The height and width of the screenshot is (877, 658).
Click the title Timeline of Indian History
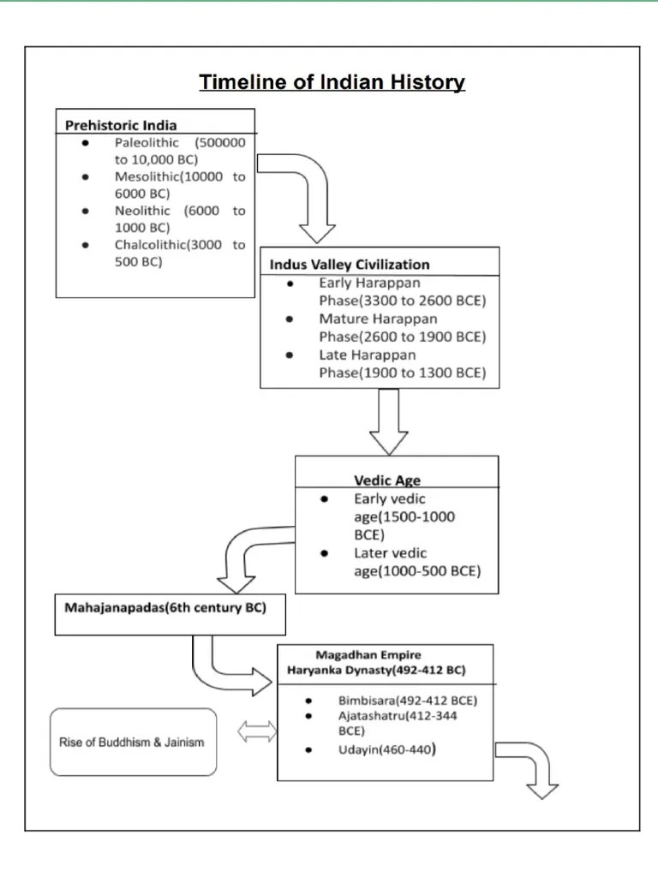(x=332, y=82)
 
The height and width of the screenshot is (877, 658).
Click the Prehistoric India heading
(x=121, y=124)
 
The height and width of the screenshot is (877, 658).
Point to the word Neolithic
(x=142, y=211)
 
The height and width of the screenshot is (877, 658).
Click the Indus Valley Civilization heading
(x=350, y=264)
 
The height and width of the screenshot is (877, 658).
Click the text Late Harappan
(x=367, y=355)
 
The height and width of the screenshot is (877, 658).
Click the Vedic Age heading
(x=387, y=480)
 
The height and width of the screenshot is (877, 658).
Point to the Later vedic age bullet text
(x=390, y=553)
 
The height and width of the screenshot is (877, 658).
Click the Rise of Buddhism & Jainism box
(x=132, y=742)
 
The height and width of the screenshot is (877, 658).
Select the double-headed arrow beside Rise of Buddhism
(x=257, y=732)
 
